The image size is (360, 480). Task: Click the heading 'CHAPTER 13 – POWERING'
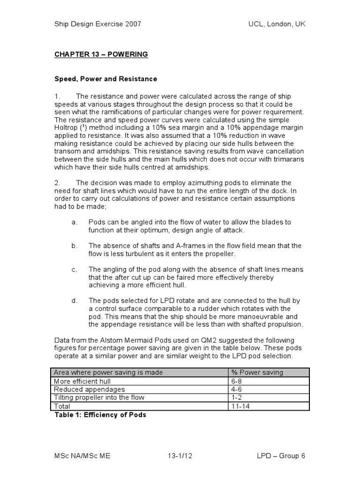point(101,54)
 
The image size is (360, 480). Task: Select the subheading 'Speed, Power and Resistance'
point(105,79)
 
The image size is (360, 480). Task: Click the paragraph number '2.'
point(58,182)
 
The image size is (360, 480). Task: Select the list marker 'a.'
point(75,222)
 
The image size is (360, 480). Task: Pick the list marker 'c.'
point(75,269)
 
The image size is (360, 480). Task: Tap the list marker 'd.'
point(75,300)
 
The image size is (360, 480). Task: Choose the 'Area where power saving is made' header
point(108,372)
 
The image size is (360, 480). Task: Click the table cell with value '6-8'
point(237,381)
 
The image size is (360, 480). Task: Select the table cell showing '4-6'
point(237,390)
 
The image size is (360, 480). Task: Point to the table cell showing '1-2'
point(237,397)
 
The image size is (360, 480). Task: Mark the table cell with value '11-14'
point(240,406)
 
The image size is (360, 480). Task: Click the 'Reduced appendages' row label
point(89,390)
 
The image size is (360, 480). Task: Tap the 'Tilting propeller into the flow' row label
point(99,397)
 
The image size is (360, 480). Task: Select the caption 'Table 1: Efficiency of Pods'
point(100,415)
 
